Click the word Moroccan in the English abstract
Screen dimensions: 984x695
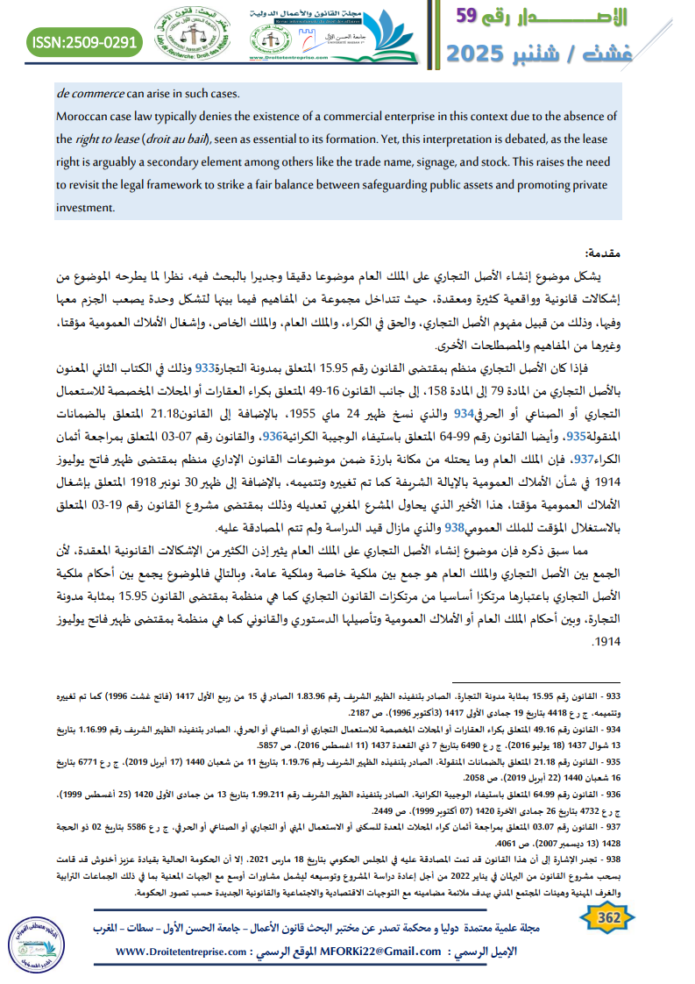click(x=83, y=117)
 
